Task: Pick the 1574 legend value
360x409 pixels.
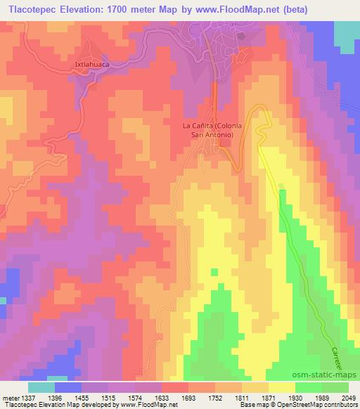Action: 144,398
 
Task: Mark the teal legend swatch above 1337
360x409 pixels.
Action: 41,387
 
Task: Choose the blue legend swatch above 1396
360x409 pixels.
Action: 68,387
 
